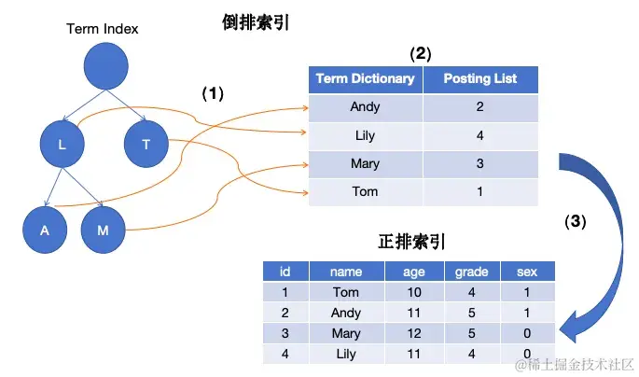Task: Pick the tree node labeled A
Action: click(45, 230)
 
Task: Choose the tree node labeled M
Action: click(103, 230)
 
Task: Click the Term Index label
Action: click(103, 29)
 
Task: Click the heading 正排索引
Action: click(410, 241)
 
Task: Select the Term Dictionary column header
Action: click(365, 78)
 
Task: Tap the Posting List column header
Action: click(479, 78)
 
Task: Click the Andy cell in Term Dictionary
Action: click(365, 107)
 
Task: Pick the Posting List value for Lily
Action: click(479, 135)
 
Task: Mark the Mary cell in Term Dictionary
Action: click(365, 163)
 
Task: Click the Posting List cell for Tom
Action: click(479, 191)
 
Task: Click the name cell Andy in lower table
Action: click(346, 314)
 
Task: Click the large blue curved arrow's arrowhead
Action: click(566, 328)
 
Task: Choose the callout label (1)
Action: click(215, 94)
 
